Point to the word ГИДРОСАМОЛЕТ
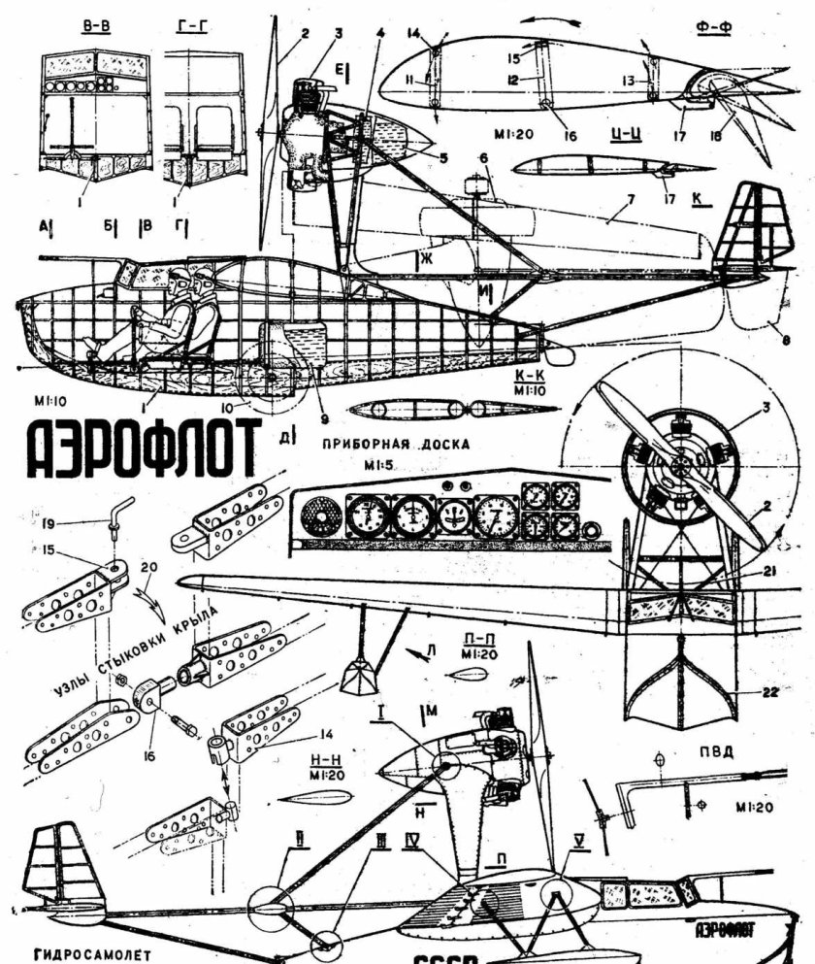(x=93, y=953)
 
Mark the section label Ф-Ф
(x=713, y=27)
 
